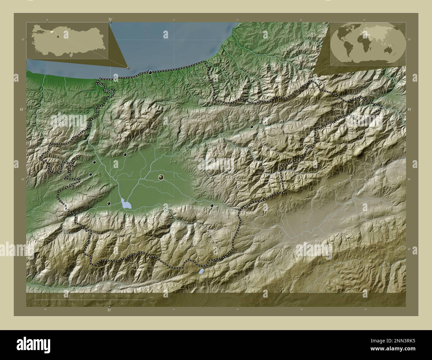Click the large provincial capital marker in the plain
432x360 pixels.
click(x=161, y=178)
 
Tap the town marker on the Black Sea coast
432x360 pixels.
click(x=150, y=72)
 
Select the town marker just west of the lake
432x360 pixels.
click(x=109, y=203)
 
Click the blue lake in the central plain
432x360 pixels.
click(x=126, y=204)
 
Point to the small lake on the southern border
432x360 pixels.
click(x=201, y=271)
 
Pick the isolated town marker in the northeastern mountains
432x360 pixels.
click(x=252, y=127)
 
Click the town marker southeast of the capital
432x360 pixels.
click(x=212, y=206)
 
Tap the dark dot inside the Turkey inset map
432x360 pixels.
click(x=57, y=37)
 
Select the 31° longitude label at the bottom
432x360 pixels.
click(x=109, y=310)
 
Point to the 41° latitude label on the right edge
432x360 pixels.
click(x=409, y=109)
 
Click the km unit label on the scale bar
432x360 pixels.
click(x=152, y=297)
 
